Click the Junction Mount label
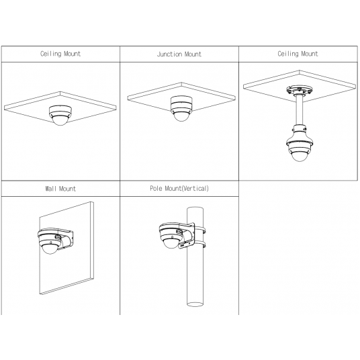[179, 54]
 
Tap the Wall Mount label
[60, 189]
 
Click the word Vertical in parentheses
[194, 189]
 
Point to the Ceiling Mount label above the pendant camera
[299, 54]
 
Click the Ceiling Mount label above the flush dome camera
[60, 54]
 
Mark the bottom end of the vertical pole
[195, 306]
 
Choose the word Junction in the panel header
[169, 54]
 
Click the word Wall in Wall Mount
[50, 189]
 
